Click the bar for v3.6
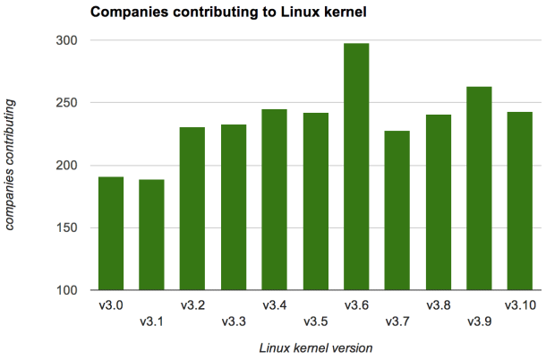[356, 167]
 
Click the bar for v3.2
[192, 209]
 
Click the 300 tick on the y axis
[68, 41]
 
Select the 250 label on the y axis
[68, 103]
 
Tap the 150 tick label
[68, 228]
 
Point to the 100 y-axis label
[68, 291]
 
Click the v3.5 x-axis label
[315, 322]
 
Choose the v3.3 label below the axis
[234, 322]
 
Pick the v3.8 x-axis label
[439, 305]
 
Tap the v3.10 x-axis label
[520, 305]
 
